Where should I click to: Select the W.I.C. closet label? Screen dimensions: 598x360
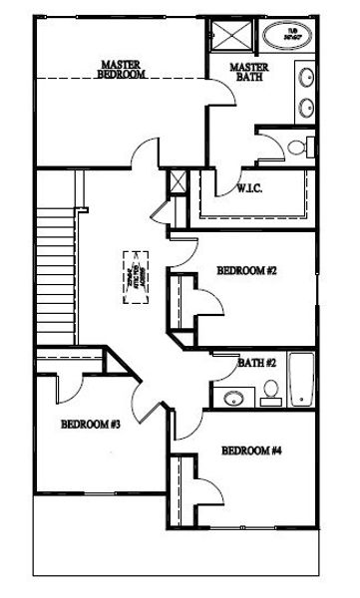[250, 189]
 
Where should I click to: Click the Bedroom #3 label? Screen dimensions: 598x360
[91, 425]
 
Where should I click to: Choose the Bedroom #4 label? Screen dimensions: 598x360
[250, 450]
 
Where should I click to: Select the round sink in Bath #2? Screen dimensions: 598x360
[232, 399]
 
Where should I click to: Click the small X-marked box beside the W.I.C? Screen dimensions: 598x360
[180, 183]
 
